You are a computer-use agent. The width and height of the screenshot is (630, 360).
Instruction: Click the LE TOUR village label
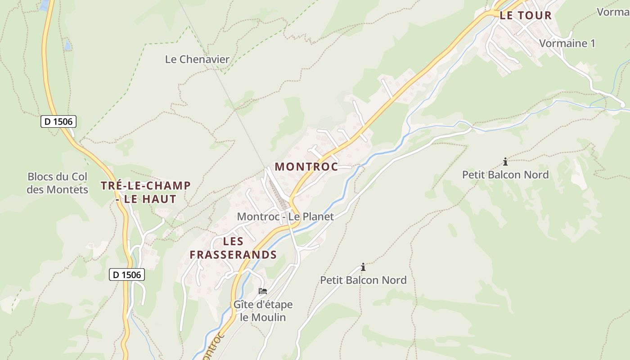pyautogui.click(x=526, y=15)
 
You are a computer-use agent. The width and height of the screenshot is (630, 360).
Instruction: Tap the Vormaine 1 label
pyautogui.click(x=567, y=43)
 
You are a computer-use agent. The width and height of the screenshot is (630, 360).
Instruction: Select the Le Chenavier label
pyautogui.click(x=197, y=59)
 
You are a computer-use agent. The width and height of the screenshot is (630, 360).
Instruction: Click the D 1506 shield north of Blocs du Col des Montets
pyautogui.click(x=58, y=121)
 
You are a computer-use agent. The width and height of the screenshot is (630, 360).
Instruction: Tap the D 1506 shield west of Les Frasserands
pyautogui.click(x=127, y=274)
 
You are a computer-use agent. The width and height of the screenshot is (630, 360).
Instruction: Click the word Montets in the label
pyautogui.click(x=70, y=189)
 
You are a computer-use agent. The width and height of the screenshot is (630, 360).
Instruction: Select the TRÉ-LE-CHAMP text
pyautogui.click(x=146, y=185)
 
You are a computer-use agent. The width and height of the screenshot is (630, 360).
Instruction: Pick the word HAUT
pyautogui.click(x=161, y=199)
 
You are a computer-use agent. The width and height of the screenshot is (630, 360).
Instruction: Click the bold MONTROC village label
pyautogui.click(x=306, y=166)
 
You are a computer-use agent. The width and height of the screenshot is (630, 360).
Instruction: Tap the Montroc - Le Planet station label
pyautogui.click(x=285, y=216)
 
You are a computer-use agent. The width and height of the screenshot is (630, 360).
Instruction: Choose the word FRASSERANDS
pyautogui.click(x=233, y=255)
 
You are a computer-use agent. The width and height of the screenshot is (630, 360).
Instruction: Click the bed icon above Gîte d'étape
pyautogui.click(x=263, y=291)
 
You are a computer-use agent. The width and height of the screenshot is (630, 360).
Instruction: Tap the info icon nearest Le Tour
pyautogui.click(x=505, y=162)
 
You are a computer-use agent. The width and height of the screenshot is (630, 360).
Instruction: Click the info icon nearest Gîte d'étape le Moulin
pyautogui.click(x=363, y=267)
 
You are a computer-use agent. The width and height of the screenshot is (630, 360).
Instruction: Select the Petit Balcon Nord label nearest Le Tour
pyautogui.click(x=505, y=175)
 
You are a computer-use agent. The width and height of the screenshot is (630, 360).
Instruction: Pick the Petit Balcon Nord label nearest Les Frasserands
pyautogui.click(x=363, y=280)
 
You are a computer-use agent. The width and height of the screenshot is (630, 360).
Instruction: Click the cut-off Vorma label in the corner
pyautogui.click(x=613, y=12)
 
